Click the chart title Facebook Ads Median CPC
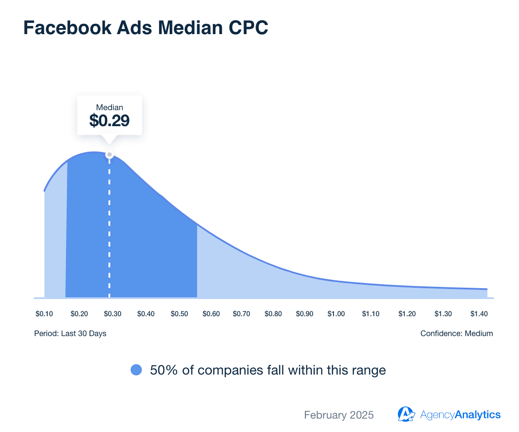click(145, 28)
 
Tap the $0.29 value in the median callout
click(109, 120)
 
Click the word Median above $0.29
click(109, 107)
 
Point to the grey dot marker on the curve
click(109, 155)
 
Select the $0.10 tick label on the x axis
click(44, 314)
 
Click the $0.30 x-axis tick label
click(112, 314)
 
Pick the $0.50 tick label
click(179, 314)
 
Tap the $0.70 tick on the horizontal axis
click(241, 314)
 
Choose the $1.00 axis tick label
click(336, 314)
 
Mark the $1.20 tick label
click(407, 314)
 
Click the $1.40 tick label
click(479, 314)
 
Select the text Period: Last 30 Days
click(70, 334)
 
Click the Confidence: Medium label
click(456, 334)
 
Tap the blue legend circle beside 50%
click(136, 370)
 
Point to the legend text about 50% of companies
click(268, 370)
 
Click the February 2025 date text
click(339, 415)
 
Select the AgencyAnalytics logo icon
click(406, 414)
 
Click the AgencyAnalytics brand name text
click(460, 415)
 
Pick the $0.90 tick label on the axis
click(304, 314)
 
